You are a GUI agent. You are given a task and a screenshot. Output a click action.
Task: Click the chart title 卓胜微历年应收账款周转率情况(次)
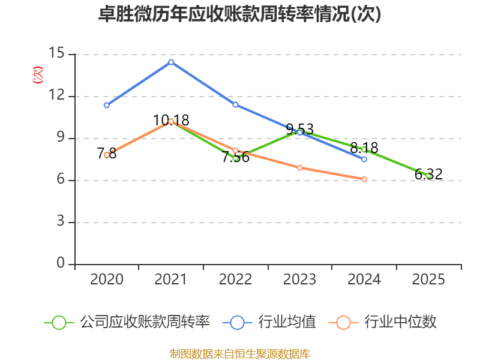point(239,14)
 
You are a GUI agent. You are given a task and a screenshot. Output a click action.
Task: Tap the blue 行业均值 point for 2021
point(171,62)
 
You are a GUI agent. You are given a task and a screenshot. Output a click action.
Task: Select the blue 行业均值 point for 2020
point(107,106)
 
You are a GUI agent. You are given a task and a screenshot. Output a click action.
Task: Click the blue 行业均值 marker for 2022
point(235,104)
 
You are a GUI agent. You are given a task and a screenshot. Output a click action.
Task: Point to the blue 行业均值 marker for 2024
point(364,159)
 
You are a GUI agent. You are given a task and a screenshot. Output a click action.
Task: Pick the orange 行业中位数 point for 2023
point(299,168)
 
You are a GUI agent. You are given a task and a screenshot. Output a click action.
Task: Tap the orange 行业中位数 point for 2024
point(364,179)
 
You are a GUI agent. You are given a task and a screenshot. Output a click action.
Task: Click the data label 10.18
point(171,121)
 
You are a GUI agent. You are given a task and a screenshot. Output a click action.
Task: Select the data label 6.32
point(428,174)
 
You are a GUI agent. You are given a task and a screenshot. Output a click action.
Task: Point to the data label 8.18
point(364,148)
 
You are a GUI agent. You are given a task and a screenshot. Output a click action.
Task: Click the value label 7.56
point(235,157)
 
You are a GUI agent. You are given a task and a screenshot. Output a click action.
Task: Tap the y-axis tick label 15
point(56,53)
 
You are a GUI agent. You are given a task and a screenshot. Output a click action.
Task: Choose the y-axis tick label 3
point(61,221)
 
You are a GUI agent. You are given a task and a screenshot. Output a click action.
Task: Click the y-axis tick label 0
point(61,263)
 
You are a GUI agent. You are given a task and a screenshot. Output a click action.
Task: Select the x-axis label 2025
point(428,279)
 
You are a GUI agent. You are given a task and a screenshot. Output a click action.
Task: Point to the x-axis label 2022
point(235,279)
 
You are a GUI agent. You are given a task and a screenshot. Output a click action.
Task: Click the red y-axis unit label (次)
point(38,75)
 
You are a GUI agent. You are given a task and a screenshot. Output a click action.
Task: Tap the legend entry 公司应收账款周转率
point(127,322)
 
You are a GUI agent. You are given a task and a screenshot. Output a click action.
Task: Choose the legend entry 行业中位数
point(383,322)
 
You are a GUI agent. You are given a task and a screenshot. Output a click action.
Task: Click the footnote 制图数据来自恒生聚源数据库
point(240,354)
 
